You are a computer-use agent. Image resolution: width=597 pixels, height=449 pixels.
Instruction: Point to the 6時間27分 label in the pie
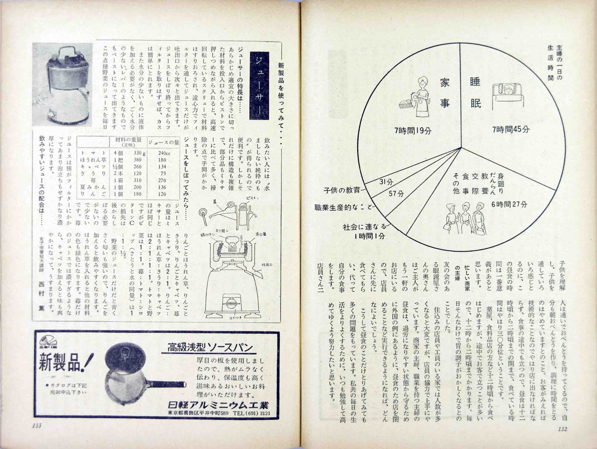click(x=509, y=204)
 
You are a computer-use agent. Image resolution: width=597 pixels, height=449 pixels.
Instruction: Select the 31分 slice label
click(x=386, y=182)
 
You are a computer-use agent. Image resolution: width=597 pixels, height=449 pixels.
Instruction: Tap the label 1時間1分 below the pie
click(x=370, y=236)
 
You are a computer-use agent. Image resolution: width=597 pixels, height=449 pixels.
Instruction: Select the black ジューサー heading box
click(x=259, y=86)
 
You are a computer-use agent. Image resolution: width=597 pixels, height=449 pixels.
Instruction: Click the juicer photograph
click(x=62, y=84)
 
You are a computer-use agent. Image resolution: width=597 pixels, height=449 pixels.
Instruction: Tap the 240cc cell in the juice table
click(x=164, y=153)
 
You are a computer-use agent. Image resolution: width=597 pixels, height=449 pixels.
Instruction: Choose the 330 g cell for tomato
click(x=139, y=153)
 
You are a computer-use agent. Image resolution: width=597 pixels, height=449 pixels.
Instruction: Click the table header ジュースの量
click(x=164, y=142)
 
